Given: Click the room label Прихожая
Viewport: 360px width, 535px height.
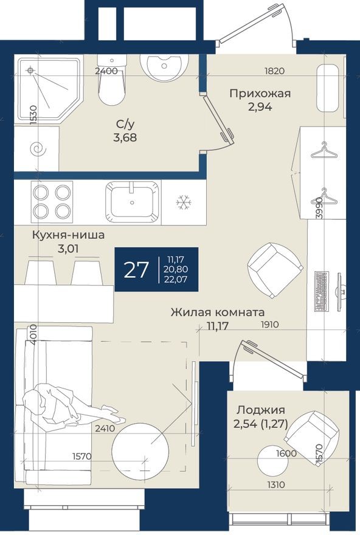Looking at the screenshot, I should pyautogui.click(x=260, y=93).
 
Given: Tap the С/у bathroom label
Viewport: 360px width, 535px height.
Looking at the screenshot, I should pyautogui.click(x=126, y=124).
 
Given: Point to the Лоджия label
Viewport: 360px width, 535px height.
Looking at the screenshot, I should pyautogui.click(x=261, y=410).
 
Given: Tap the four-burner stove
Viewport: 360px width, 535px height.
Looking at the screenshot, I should pyautogui.click(x=52, y=201).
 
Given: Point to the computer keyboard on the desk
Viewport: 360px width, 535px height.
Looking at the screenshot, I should pyautogui.click(x=321, y=291).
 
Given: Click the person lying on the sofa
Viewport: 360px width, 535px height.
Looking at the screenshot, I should pyautogui.click(x=67, y=406).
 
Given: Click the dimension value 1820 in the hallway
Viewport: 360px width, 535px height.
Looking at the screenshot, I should pyautogui.click(x=274, y=71).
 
